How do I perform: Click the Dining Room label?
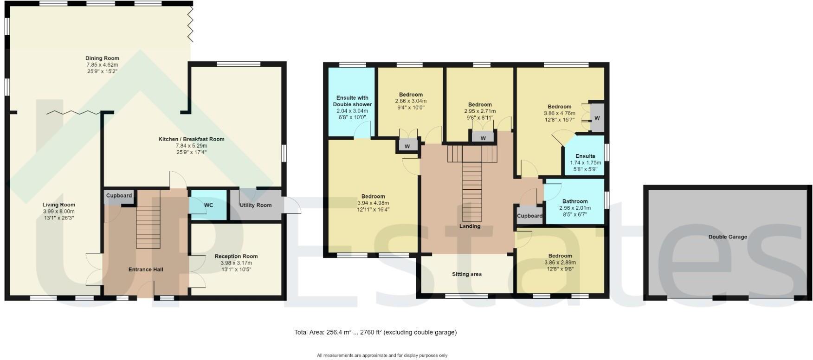click(102, 58)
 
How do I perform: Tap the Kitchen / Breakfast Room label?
click(191, 139)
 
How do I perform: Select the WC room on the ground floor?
click(208, 205)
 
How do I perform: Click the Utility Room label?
click(255, 205)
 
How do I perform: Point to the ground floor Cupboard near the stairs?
click(119, 196)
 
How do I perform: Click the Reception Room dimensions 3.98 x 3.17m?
click(236, 263)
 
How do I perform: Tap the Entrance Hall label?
click(146, 270)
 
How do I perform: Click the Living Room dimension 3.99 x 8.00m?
click(58, 212)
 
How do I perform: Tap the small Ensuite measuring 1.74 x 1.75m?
click(585, 160)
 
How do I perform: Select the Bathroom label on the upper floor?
click(575, 201)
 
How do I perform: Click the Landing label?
click(470, 226)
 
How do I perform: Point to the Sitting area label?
click(467, 274)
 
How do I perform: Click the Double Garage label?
click(727, 237)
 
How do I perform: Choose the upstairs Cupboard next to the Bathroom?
click(529, 216)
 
